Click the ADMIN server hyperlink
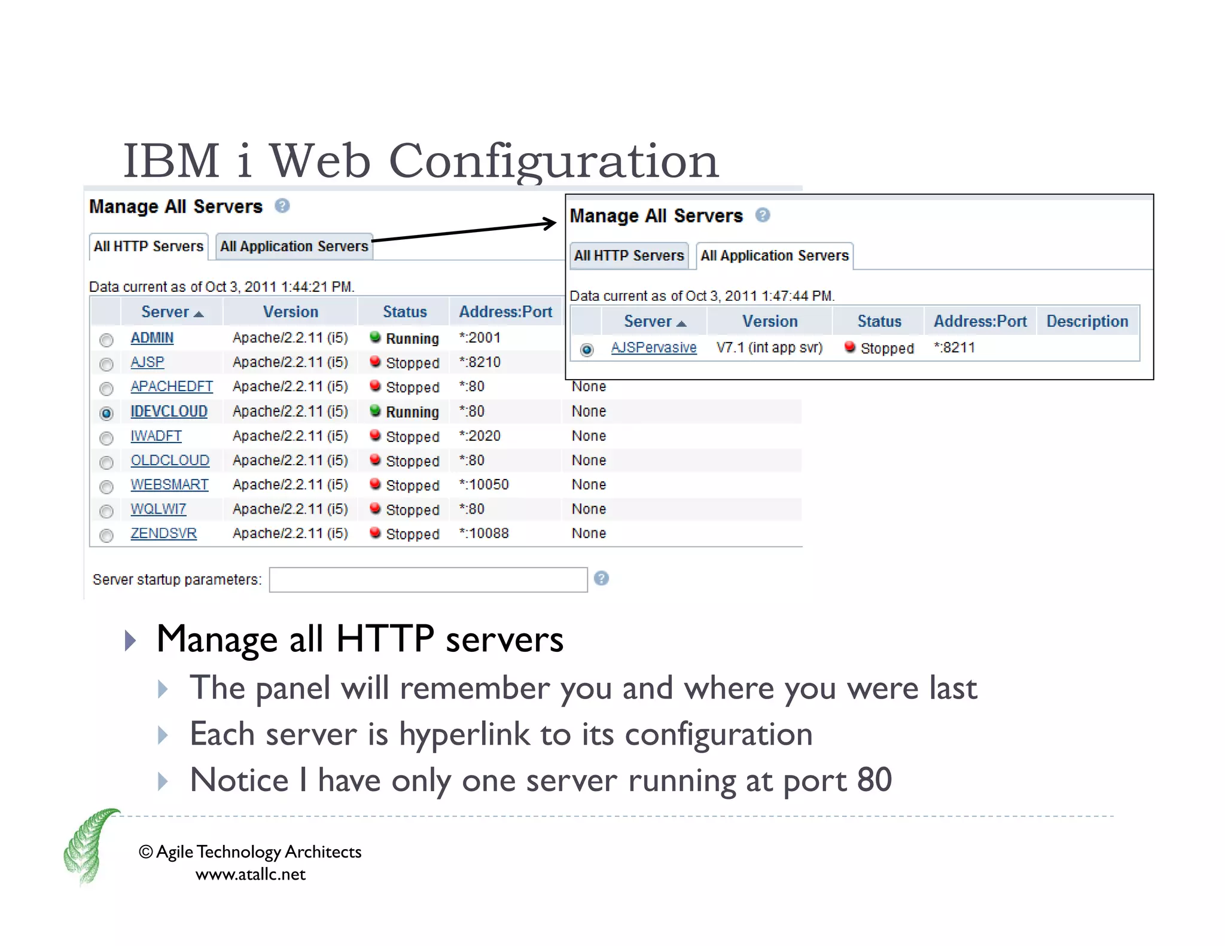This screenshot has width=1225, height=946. tap(152, 338)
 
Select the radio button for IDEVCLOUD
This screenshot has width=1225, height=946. tap(106, 413)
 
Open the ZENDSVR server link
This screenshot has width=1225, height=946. tap(163, 533)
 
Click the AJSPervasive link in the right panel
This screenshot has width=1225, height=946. tap(654, 347)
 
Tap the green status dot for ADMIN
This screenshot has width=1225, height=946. tap(375, 337)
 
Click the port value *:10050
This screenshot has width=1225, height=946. tap(484, 484)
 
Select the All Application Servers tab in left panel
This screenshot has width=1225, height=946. tap(294, 246)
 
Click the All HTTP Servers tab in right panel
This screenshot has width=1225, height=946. tap(629, 256)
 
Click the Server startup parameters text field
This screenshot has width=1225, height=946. tap(428, 579)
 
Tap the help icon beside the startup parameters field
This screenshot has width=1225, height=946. tap(601, 578)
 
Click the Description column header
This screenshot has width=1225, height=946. tap(1087, 321)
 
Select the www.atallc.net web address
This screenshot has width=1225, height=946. tap(250, 874)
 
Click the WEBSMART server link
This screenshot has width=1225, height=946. tap(169, 484)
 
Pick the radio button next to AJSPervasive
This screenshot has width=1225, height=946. tap(587, 350)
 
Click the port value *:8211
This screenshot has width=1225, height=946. tap(955, 347)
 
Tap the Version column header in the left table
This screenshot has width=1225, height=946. tap(291, 312)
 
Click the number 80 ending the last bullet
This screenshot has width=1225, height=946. tap(874, 780)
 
